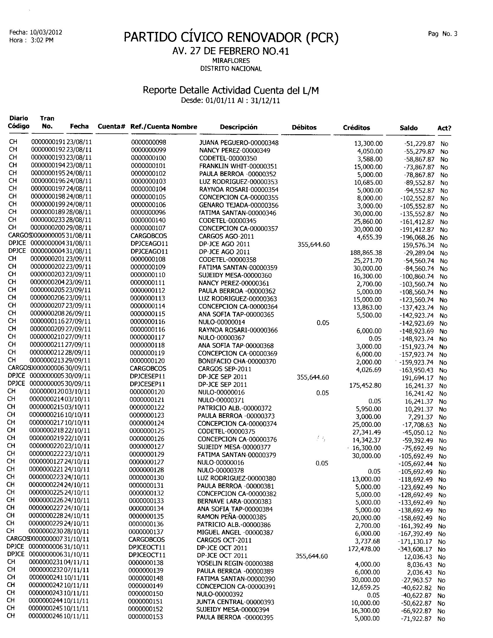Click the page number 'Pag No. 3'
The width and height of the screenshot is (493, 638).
tap(443, 34)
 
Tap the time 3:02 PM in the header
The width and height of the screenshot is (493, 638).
tap(42, 40)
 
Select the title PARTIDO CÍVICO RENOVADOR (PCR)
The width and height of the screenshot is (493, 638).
tap(231, 38)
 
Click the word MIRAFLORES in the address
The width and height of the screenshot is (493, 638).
tap(231, 61)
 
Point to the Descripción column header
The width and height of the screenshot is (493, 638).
tap(238, 127)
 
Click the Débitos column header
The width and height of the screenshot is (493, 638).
tap(304, 127)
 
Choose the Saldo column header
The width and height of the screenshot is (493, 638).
tap(408, 128)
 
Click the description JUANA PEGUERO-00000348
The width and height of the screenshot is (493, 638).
tap(239, 143)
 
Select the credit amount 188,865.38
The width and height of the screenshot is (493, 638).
tap(366, 253)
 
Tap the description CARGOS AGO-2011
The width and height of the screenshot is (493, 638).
tap(226, 236)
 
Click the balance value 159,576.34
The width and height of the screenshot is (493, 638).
tap(418, 245)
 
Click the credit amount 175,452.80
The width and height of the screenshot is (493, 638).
tap(365, 385)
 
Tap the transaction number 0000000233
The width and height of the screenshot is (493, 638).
tap(48, 220)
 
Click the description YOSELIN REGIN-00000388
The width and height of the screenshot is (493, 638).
tap(235, 563)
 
